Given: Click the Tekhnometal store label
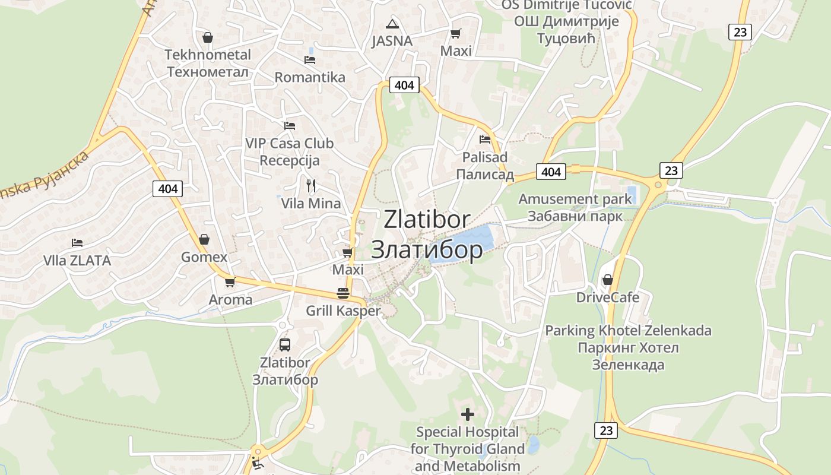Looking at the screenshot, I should (x=208, y=64).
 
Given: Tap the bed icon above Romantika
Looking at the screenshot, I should (x=309, y=59).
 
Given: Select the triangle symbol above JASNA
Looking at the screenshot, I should (x=392, y=24).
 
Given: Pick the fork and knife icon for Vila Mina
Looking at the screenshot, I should (x=311, y=185).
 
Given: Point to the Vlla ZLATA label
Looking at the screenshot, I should (x=77, y=261).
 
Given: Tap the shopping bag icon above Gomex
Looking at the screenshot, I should (x=204, y=239).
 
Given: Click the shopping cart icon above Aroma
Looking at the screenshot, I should (x=230, y=282).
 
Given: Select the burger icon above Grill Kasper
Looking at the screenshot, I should (x=342, y=293).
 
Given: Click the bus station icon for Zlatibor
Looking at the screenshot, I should (x=285, y=344).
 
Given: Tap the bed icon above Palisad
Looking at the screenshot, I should (x=485, y=140).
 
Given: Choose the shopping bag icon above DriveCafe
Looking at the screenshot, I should (x=607, y=279).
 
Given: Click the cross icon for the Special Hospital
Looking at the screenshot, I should (x=468, y=414).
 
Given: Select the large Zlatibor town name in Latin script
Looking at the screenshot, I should (x=427, y=219).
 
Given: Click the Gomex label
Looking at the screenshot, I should (x=204, y=257).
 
